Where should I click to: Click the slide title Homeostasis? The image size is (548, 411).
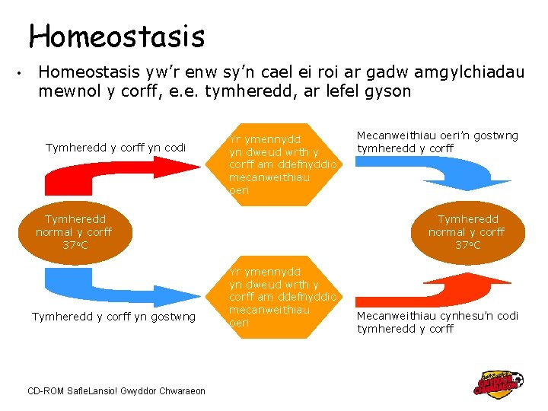coord(116,36)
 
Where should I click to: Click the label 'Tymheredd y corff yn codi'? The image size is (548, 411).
coord(116,147)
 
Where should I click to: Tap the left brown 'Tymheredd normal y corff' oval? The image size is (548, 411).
coord(74,231)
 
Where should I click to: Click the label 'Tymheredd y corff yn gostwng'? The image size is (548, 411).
coord(113,316)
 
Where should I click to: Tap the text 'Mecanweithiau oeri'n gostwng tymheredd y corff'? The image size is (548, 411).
coord(437,142)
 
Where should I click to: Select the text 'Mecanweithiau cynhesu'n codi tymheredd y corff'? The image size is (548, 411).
coord(437,322)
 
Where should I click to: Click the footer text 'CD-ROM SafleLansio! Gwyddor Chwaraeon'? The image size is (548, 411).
coord(116,390)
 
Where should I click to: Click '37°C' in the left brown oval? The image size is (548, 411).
coord(75,245)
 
